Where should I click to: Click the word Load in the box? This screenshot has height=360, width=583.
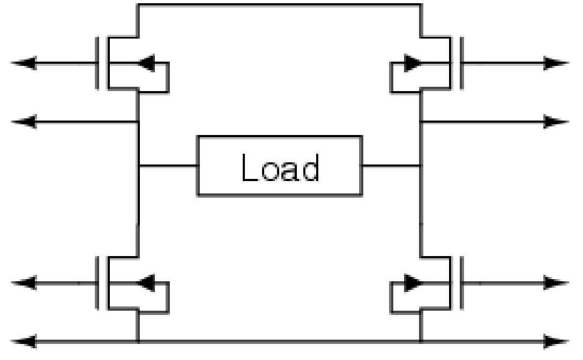point(280,167)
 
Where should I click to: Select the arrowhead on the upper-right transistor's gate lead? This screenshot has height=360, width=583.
point(556,63)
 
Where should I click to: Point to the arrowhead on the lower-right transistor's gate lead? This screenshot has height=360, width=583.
point(556,282)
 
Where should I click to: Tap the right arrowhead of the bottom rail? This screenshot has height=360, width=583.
point(556,341)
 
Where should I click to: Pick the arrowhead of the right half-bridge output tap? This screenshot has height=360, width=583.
point(556,122)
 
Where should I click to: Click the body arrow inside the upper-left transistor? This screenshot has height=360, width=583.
point(147,63)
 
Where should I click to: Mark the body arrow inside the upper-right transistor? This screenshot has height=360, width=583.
point(412,63)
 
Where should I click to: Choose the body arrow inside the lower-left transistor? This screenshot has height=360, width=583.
point(147,282)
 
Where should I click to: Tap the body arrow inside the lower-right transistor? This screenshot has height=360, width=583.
point(412,282)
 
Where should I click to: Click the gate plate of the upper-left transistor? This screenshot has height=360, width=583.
point(97,63)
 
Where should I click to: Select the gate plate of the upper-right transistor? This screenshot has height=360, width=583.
point(461,63)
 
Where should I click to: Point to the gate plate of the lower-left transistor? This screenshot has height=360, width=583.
point(97,282)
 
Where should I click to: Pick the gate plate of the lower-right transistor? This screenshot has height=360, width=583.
point(461,282)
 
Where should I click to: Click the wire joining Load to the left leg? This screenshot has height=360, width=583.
point(168,166)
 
